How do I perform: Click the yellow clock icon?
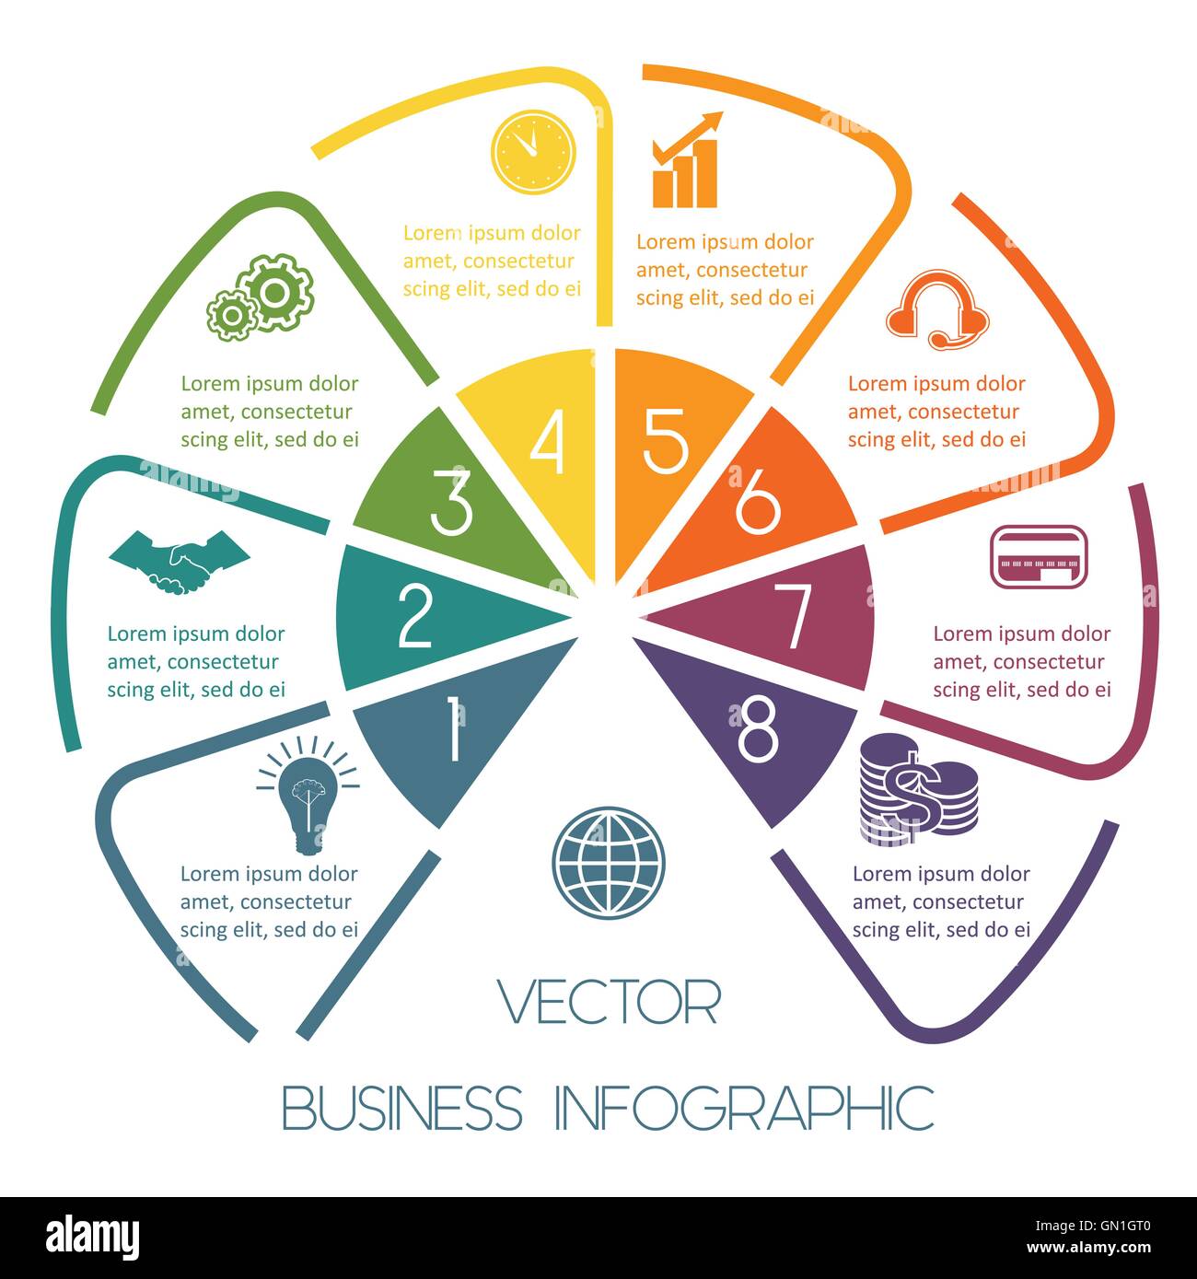click(533, 152)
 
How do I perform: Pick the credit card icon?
click(1039, 557)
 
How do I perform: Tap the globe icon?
click(608, 862)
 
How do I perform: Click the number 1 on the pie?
click(454, 727)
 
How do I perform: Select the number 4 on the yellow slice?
click(547, 442)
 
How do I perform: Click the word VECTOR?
click(609, 1002)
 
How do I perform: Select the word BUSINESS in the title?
click(402, 1108)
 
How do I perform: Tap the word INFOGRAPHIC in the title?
click(745, 1108)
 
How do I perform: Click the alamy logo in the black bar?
click(92, 1238)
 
